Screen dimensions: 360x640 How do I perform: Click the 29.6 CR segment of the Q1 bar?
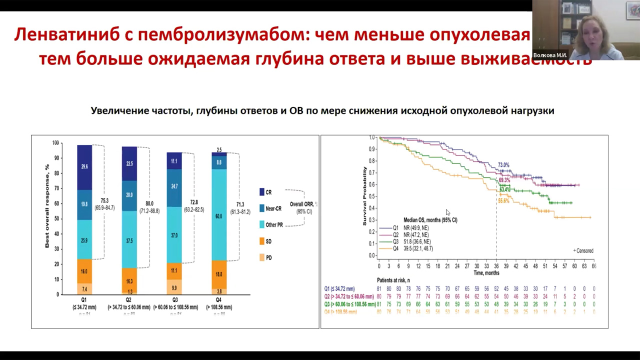point(84,167)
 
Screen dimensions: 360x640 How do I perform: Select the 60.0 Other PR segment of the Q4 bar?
point(219,216)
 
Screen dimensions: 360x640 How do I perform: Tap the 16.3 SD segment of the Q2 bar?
point(129,281)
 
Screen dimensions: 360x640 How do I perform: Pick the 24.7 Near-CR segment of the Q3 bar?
point(174,186)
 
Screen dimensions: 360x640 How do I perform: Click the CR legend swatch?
point(261,192)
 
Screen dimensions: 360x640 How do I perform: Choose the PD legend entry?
point(265,257)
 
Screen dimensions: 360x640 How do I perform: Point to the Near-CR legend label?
point(273,208)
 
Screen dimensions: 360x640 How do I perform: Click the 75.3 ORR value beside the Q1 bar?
point(105,201)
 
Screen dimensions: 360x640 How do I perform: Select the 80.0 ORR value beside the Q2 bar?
point(149,204)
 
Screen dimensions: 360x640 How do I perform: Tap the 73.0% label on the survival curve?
point(503,165)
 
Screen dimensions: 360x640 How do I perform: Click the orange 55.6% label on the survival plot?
point(503,201)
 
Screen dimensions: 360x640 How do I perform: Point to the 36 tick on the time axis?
point(496,266)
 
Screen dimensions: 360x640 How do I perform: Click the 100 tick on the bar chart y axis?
point(55,143)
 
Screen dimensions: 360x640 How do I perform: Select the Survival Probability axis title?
point(364,195)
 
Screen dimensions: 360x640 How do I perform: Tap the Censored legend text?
point(584,251)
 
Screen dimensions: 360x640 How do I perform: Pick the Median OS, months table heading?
point(430,220)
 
